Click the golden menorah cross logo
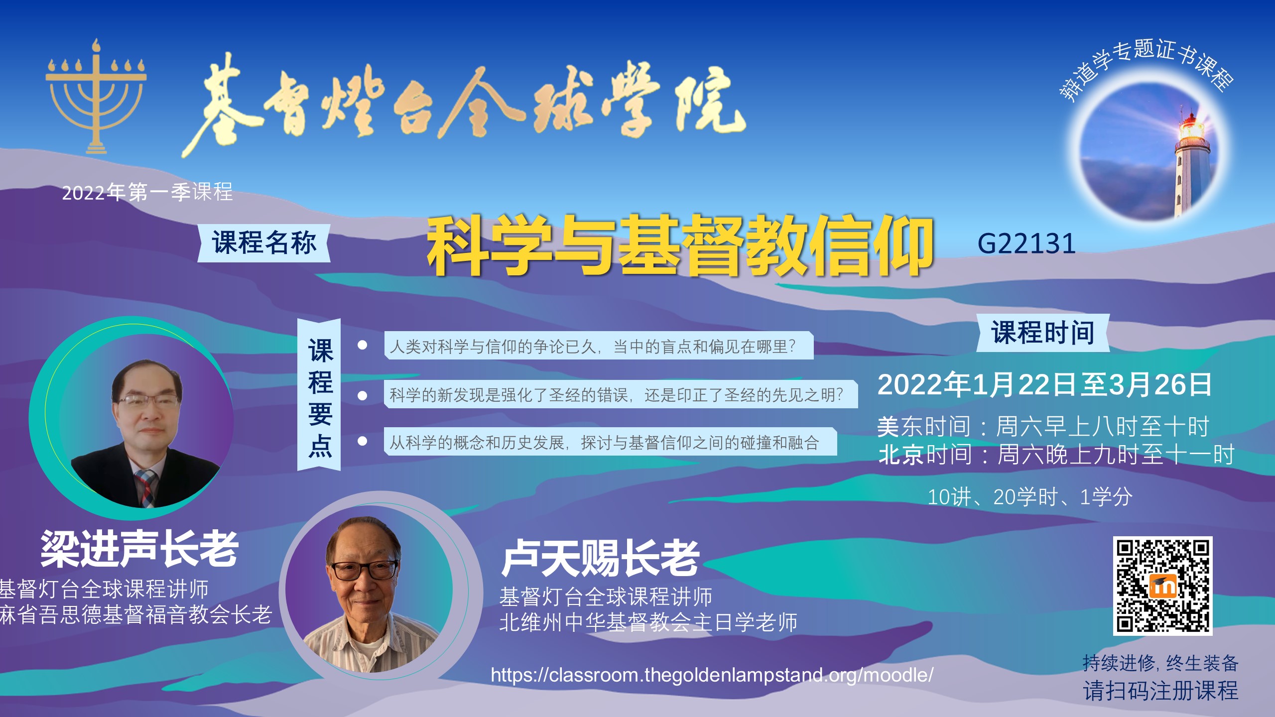[96, 97]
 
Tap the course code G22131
[1026, 244]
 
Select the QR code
[1162, 586]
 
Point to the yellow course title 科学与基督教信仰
[679, 245]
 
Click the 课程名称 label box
[264, 243]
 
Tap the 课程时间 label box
[1043, 333]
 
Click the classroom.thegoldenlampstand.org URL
[712, 675]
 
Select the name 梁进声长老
[139, 548]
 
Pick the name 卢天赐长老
[601, 558]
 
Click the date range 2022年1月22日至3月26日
[1044, 384]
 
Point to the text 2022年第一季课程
[147, 192]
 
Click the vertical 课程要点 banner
[319, 395]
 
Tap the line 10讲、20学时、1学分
[1030, 497]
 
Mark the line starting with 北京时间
[1056, 455]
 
